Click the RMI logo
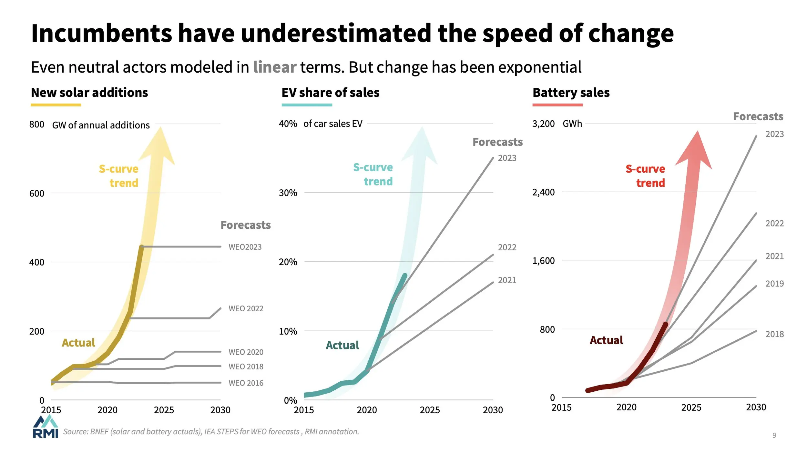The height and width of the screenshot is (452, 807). click(x=46, y=427)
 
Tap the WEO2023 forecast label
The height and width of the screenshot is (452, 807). click(x=245, y=247)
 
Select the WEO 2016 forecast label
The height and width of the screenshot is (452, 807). click(x=246, y=383)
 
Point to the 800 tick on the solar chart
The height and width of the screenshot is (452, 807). click(x=36, y=125)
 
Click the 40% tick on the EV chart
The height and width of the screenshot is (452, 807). click(x=288, y=124)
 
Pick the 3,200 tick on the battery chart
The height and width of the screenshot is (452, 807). click(x=543, y=124)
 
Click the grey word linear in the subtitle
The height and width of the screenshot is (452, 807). click(x=274, y=67)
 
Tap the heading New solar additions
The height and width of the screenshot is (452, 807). click(x=89, y=93)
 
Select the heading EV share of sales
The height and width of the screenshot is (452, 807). click(x=330, y=93)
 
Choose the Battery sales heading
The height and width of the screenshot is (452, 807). click(x=571, y=93)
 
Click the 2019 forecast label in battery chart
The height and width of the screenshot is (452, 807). click(x=774, y=284)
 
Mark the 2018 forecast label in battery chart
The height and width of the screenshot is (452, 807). click(x=774, y=334)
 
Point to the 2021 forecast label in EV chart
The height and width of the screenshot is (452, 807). click(x=507, y=280)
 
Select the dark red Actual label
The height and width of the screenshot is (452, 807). click(x=606, y=340)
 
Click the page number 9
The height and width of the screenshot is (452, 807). click(x=774, y=436)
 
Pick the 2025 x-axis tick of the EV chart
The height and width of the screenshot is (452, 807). click(x=430, y=410)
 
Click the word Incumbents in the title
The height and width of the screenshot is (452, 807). click(x=101, y=34)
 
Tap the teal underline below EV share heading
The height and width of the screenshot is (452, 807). click(x=307, y=105)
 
